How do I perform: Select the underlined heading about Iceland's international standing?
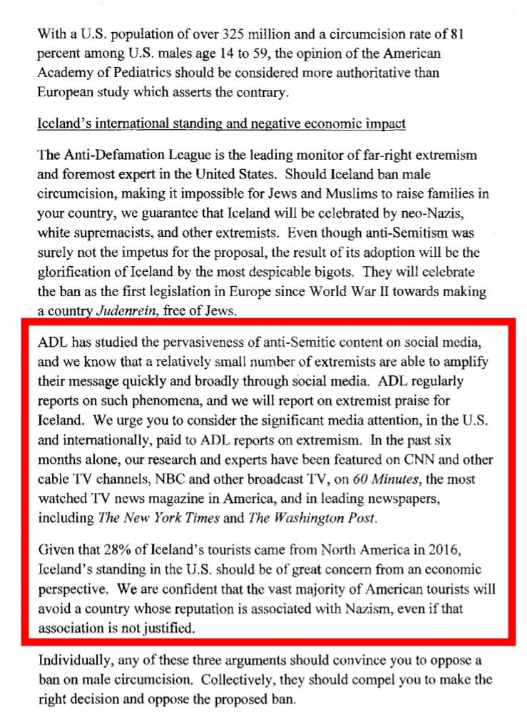[221, 124]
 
